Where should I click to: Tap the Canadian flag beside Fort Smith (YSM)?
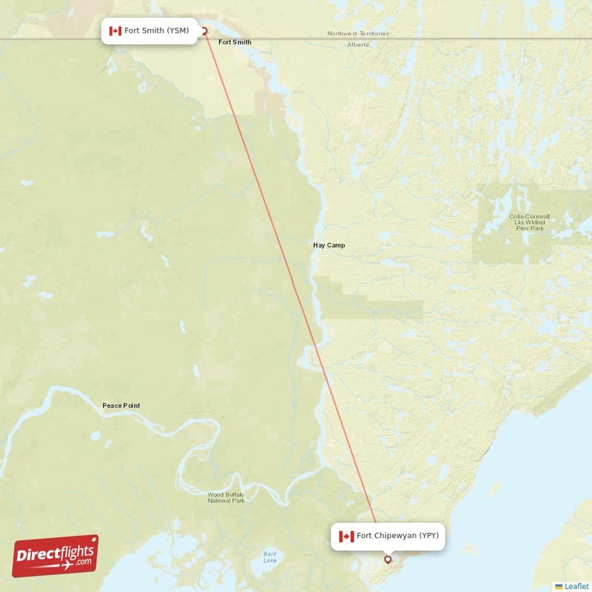[x=115, y=31]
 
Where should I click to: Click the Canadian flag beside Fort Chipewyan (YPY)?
[x=346, y=536]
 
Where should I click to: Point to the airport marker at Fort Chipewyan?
[x=388, y=560]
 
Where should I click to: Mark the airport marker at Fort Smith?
[x=204, y=31]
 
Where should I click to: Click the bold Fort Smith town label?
[x=235, y=42]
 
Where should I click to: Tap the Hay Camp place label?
[x=329, y=245]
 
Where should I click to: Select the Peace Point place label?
[x=121, y=406]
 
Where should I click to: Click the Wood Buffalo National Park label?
[x=226, y=497]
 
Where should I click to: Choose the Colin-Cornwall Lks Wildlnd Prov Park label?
[x=526, y=222]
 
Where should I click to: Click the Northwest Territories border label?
[x=358, y=34]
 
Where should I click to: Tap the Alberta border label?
[x=358, y=45]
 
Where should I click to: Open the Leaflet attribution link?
[x=576, y=586]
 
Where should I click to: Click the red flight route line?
[x=296, y=296]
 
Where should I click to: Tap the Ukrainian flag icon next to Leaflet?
[x=559, y=586]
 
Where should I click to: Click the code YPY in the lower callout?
[x=430, y=536]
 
